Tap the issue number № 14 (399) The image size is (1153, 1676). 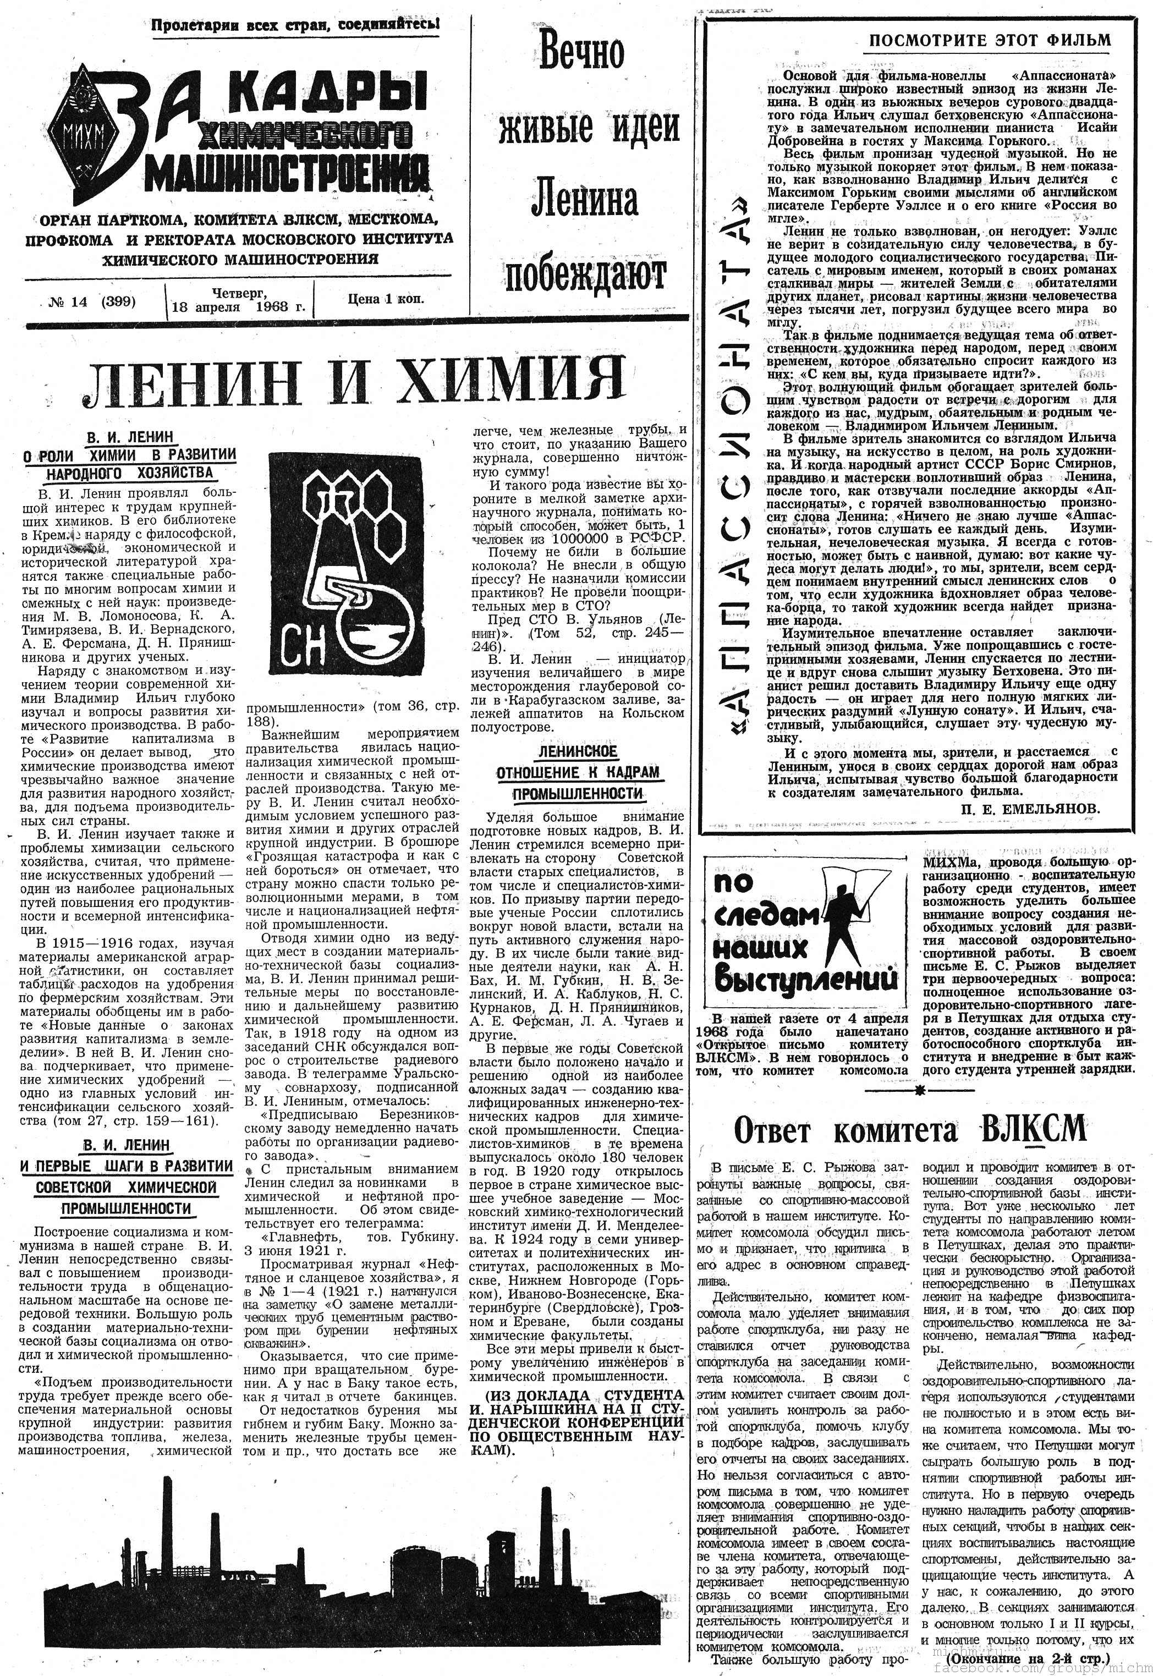point(92,302)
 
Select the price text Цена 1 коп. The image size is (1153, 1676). point(386,298)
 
